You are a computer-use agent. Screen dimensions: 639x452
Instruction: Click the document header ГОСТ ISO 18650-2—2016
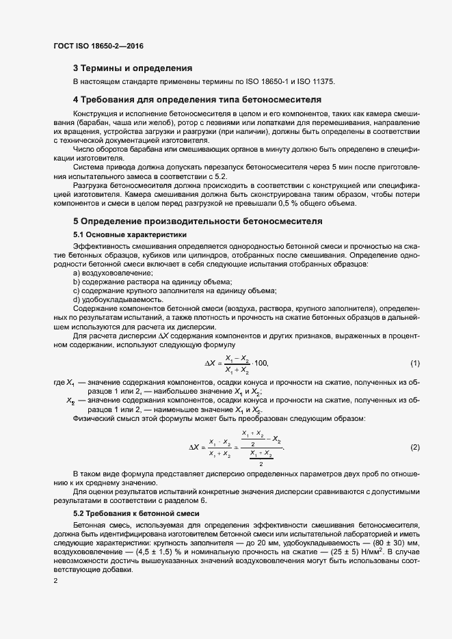point(98,46)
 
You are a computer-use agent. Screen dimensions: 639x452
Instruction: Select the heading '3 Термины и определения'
point(132,68)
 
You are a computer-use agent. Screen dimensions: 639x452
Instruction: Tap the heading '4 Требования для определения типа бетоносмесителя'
point(197,100)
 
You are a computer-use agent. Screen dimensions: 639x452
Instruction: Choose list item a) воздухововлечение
point(109,273)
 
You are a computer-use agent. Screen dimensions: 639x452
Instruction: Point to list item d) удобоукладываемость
point(118,299)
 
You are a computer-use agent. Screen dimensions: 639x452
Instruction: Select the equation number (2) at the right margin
point(414,447)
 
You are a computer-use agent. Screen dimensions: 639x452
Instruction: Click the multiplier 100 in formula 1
point(261,362)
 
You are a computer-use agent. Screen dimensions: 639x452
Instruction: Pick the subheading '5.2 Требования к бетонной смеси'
point(136,513)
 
